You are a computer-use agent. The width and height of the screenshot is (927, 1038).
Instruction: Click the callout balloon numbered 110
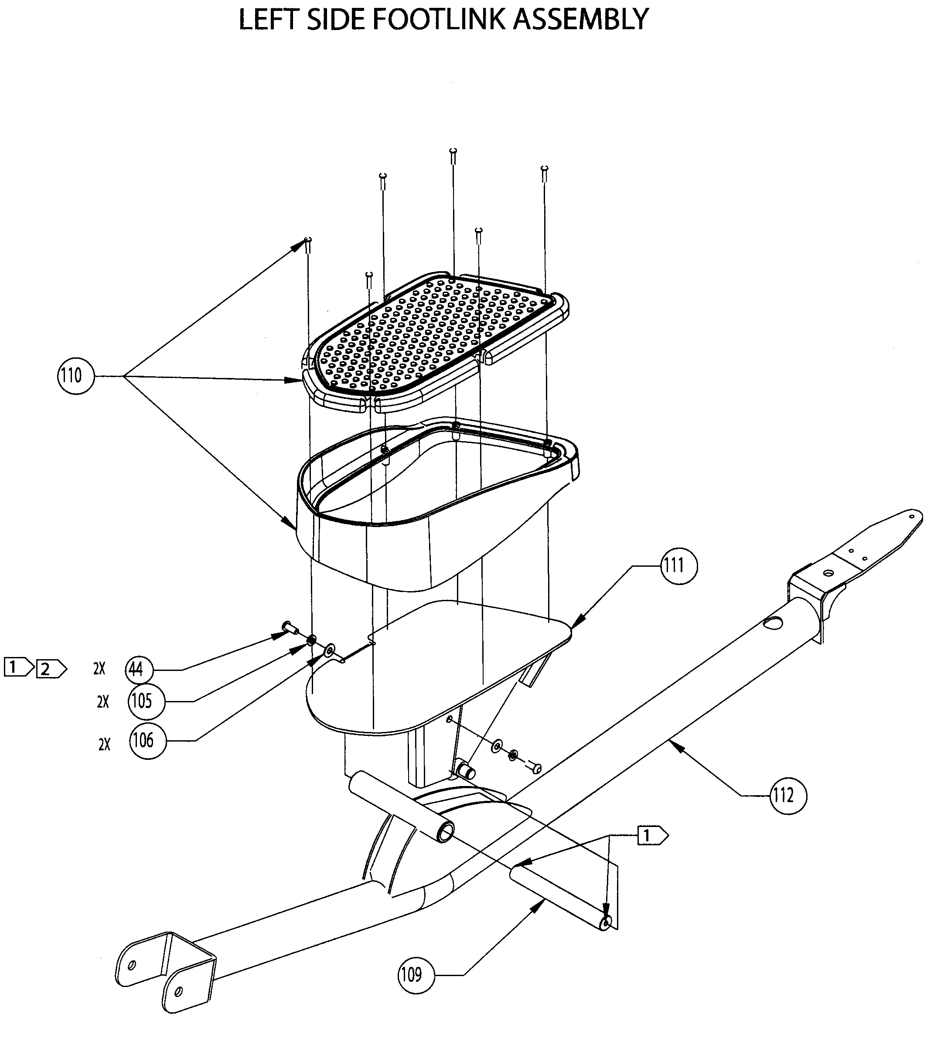(x=76, y=375)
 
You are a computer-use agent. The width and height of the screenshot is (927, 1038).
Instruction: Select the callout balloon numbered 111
(x=678, y=565)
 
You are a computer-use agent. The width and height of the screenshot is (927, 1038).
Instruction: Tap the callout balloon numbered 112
(x=788, y=795)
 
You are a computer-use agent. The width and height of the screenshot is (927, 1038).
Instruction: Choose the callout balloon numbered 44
(x=139, y=669)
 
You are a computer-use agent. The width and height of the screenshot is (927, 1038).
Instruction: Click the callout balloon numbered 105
(x=147, y=701)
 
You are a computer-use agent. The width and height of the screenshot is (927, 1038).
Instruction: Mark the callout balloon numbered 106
(x=148, y=741)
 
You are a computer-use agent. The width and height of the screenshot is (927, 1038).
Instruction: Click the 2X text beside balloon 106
(x=104, y=745)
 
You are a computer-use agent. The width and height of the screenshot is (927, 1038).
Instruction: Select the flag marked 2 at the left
(x=50, y=669)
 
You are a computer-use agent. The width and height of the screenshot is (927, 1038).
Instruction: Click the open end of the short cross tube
(x=446, y=832)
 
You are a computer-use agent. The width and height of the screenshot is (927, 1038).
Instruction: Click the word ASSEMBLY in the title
(x=580, y=20)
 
